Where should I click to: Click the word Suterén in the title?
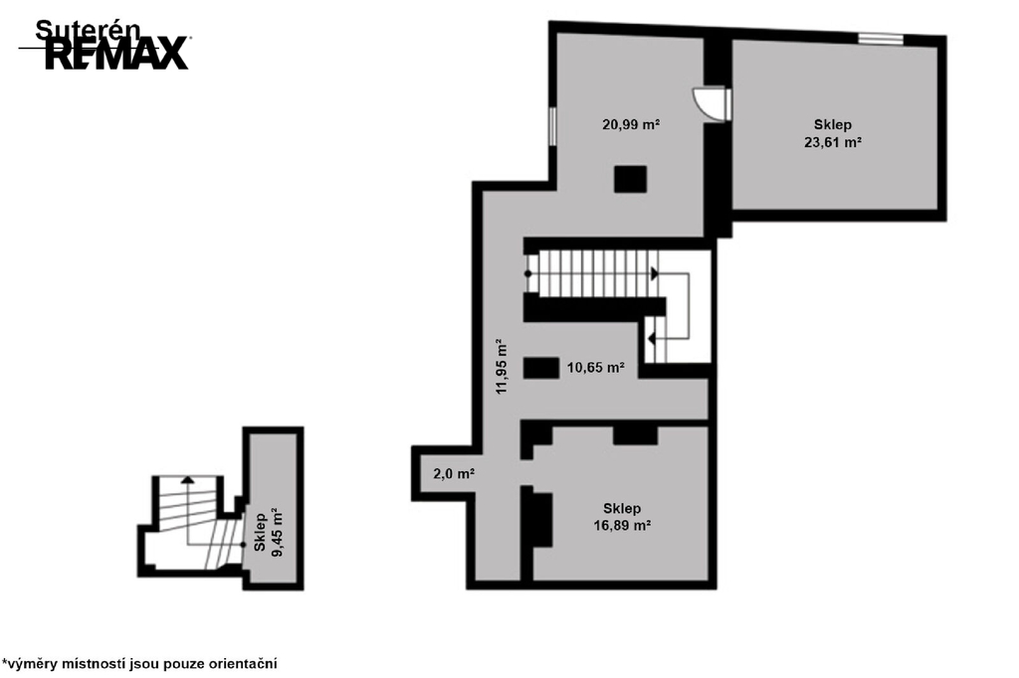(x=88, y=30)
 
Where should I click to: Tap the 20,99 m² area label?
(x=631, y=124)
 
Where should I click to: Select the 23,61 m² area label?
(x=833, y=142)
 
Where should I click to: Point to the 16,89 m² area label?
(x=622, y=525)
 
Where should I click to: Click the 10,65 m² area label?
(x=596, y=368)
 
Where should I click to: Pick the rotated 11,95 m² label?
(x=502, y=366)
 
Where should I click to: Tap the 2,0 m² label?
(x=454, y=474)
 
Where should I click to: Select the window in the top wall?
(x=881, y=39)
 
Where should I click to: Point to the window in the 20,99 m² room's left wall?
(x=552, y=126)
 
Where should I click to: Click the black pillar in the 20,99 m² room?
(x=630, y=179)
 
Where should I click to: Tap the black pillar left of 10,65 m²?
(x=541, y=368)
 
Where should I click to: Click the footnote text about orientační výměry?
(x=139, y=664)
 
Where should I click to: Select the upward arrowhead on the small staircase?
(x=187, y=480)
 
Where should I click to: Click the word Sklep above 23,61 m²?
(x=833, y=124)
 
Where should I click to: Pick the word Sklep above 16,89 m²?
(x=622, y=509)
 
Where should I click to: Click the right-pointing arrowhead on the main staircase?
(x=655, y=274)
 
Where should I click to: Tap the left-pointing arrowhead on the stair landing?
(x=651, y=339)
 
